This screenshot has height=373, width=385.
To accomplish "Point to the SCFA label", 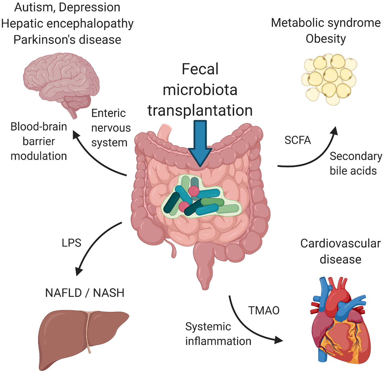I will pos(298,140).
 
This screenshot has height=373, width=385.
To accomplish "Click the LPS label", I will pos(71,243).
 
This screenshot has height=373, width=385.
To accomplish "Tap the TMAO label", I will pos(264,310).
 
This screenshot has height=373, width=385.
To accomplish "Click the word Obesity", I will pos(326,39).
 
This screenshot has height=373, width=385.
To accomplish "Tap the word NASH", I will pos(109,293).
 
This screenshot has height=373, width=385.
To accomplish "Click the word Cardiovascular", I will pos(340,244).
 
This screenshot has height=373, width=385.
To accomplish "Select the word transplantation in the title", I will pos(200,111).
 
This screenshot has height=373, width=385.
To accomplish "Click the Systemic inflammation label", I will pos(218,334).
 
